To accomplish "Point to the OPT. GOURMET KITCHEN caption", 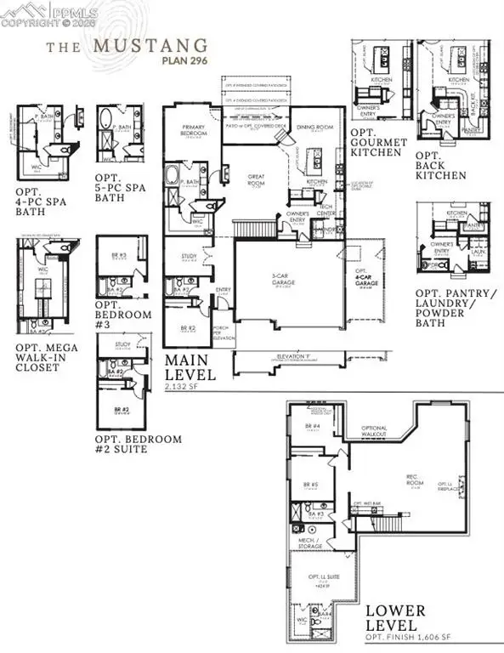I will [375, 146].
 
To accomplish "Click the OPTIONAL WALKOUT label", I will [374, 431].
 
